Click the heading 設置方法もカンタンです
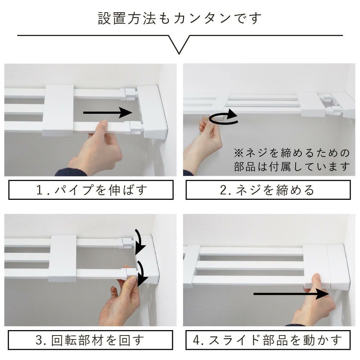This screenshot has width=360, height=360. pyautogui.click(x=180, y=18)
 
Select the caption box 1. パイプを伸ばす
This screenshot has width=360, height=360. pyautogui.click(x=91, y=190)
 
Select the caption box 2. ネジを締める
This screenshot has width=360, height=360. pyautogui.click(x=268, y=190)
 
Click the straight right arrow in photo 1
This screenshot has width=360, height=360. pyautogui.click(x=108, y=113)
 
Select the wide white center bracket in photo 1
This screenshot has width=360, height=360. pyautogui.click(x=58, y=110)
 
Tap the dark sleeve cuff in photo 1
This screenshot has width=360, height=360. pyautogui.click(x=70, y=172)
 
